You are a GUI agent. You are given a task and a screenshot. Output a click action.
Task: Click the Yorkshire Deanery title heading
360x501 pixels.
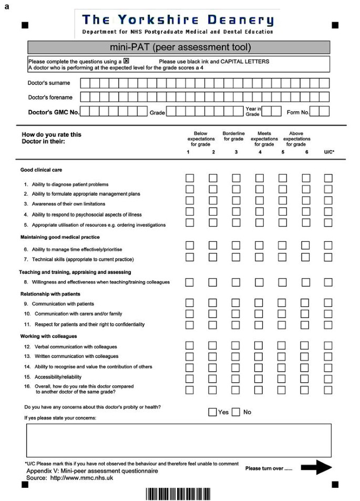[x=178, y=20]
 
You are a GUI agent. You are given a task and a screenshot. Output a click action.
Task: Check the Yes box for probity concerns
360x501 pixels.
[x=212, y=412]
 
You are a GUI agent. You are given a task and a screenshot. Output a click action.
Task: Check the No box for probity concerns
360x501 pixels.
[x=236, y=412]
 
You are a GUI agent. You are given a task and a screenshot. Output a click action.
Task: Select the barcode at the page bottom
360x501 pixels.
[x=178, y=494]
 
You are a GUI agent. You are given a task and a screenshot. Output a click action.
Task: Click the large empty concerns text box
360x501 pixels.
[x=179, y=440]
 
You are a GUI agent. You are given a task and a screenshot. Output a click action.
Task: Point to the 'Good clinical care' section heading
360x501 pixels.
[x=42, y=170]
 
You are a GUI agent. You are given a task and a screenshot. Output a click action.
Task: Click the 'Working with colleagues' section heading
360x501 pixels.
[x=49, y=336]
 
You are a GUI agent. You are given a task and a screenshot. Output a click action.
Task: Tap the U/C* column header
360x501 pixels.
[x=329, y=152]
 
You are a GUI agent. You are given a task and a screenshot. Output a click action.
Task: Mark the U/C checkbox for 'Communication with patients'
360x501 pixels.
[x=328, y=303]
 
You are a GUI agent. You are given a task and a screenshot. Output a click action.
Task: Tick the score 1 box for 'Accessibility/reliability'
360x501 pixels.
[x=190, y=379]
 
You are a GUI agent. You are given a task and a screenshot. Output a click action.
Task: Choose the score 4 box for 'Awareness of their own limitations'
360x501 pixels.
[x=259, y=200]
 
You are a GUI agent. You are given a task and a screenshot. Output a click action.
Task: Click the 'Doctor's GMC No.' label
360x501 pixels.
[x=53, y=112]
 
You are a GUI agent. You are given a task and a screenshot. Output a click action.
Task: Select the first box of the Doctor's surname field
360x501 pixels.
[x=85, y=83]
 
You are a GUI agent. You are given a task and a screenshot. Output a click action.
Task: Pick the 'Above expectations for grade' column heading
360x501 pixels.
[x=296, y=139]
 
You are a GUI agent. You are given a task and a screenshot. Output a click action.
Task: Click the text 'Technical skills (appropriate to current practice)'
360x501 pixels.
[x=83, y=259]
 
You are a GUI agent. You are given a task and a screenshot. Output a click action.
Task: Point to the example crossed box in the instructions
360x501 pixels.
[x=126, y=61]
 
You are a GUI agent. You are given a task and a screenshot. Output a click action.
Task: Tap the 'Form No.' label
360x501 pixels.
[x=297, y=112]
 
